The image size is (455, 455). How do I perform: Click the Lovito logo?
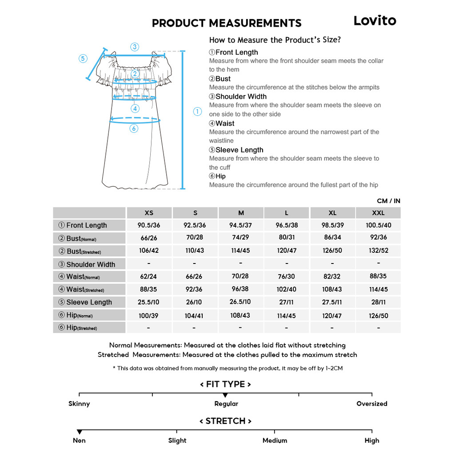375,20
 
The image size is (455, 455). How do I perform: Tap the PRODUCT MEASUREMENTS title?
227,23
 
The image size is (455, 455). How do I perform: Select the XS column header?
149,213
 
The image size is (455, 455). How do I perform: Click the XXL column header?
378,213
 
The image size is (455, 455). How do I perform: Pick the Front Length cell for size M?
240,225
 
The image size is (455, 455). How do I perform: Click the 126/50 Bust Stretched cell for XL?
332,251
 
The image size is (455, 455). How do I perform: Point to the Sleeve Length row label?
89,302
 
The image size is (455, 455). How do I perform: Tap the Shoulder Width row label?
90,264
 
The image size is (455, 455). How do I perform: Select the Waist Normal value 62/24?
148,276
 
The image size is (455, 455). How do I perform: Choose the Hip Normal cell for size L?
287,315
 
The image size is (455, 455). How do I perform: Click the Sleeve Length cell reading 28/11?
378,302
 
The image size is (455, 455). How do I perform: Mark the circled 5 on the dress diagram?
83,58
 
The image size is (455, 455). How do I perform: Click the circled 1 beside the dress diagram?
198,112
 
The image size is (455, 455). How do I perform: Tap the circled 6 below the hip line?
134,128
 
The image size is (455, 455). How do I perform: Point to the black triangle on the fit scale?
225,395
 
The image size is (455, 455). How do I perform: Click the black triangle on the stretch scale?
80,432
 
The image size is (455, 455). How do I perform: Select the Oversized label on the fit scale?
371,404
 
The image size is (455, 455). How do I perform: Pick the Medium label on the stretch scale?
275,441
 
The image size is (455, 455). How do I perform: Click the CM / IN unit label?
388,201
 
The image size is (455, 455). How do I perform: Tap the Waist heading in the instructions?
222,124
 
